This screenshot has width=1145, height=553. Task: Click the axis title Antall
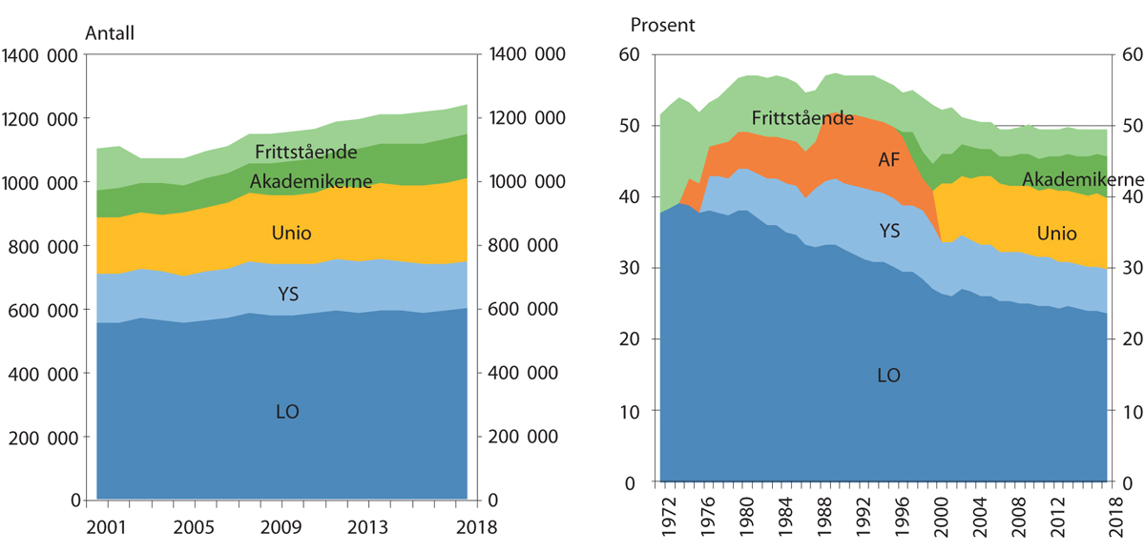110,32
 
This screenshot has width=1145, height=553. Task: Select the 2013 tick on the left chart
366,526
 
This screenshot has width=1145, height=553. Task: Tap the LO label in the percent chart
888,376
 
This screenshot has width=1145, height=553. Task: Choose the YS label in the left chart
288,296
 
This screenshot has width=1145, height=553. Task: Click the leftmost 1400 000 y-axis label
40,56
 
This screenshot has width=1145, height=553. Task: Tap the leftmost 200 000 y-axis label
45,438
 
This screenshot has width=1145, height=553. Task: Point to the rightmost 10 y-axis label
1131,412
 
